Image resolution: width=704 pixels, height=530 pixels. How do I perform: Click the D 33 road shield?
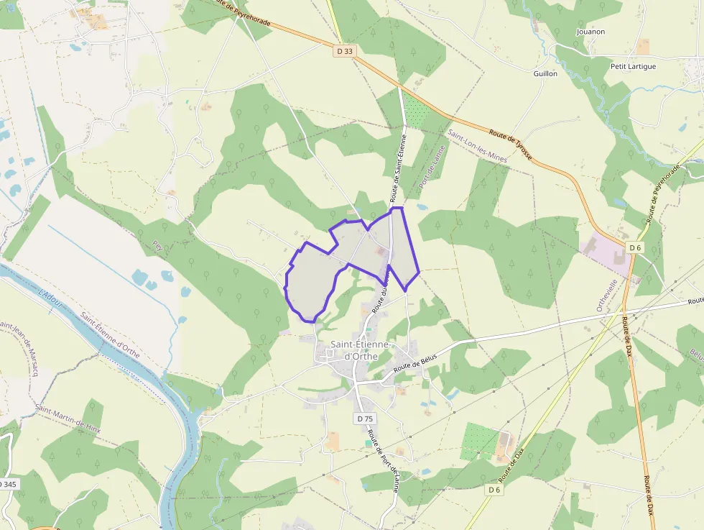pyautogui.click(x=345, y=51)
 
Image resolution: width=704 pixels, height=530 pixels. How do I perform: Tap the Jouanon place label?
pyautogui.click(x=590, y=32)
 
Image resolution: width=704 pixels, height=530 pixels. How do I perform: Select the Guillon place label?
pyautogui.click(x=545, y=73)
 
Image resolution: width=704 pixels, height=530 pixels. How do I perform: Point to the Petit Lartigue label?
pyautogui.click(x=633, y=66)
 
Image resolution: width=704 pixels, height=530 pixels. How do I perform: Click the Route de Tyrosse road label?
pyautogui.click(x=510, y=145)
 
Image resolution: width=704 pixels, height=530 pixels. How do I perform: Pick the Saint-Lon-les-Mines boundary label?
pyautogui.click(x=477, y=147)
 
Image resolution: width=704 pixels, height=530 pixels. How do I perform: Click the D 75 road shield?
pyautogui.click(x=365, y=418)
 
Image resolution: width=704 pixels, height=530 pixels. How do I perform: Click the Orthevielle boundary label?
pyautogui.click(x=600, y=294)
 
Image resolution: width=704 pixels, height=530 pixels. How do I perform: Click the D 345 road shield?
pyautogui.click(x=7, y=484)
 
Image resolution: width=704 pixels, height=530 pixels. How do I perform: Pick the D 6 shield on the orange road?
pyautogui.click(x=634, y=247)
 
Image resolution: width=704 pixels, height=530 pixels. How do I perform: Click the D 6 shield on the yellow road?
pyautogui.click(x=494, y=490)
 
